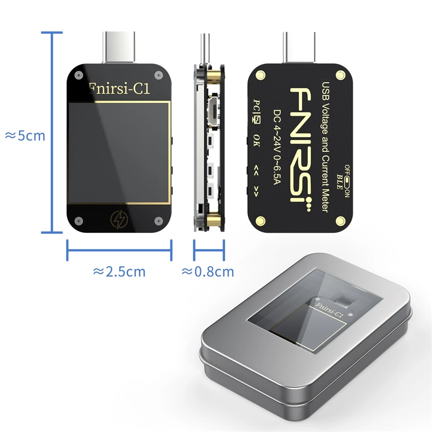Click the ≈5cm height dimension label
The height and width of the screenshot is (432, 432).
(x=25, y=136)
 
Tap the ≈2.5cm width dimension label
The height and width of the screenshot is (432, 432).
(x=119, y=272)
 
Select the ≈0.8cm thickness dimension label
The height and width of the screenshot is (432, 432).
(x=208, y=272)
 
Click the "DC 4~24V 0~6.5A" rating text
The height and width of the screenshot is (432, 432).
(x=278, y=147)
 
